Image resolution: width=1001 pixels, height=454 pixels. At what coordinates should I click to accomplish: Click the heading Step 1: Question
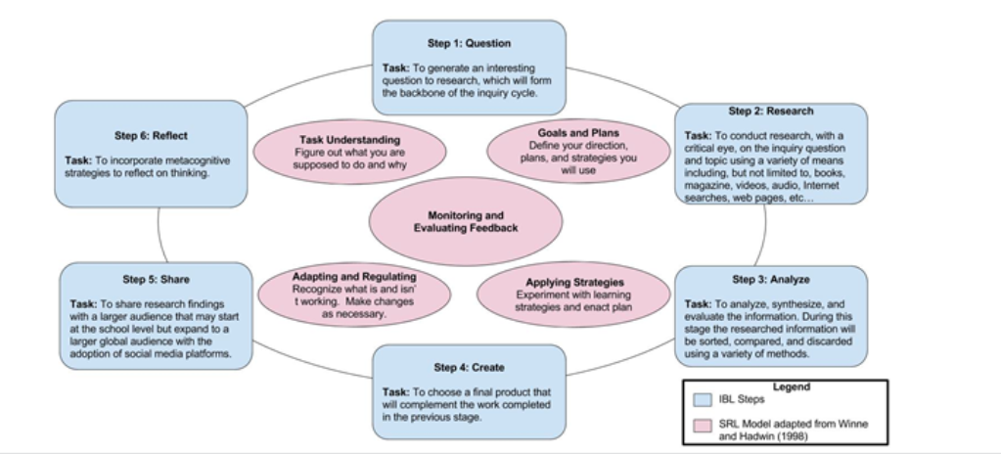(x=469, y=43)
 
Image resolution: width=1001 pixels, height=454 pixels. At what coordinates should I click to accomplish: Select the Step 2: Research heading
(x=770, y=112)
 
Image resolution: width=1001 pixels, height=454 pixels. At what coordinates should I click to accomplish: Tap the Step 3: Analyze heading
(x=770, y=280)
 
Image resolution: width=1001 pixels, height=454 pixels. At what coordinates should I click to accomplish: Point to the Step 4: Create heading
(x=469, y=368)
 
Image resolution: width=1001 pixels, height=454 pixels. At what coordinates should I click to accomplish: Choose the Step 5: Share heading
(x=156, y=280)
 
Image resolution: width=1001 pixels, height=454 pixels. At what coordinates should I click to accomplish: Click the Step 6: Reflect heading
(x=151, y=136)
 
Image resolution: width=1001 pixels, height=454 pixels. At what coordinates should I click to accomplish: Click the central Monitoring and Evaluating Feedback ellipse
(x=466, y=221)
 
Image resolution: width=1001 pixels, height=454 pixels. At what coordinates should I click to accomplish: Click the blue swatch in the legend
(x=701, y=399)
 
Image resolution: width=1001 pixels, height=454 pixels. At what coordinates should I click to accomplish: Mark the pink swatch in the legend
(x=701, y=427)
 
